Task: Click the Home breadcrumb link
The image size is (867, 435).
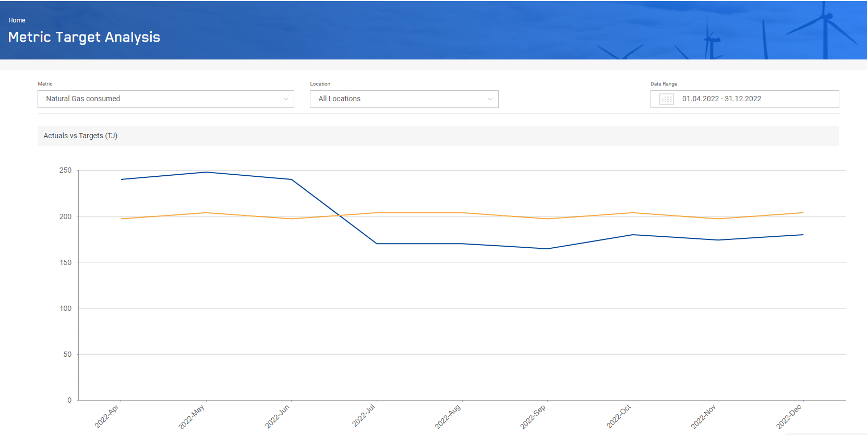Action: tap(17, 20)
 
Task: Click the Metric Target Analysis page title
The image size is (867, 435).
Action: tap(84, 37)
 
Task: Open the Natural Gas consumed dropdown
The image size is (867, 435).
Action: tap(165, 99)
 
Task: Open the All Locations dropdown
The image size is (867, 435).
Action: tap(404, 99)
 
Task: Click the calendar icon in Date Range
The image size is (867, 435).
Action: tap(667, 99)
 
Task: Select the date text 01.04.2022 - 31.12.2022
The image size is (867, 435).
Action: tap(721, 99)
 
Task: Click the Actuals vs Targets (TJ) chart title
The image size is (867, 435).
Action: tap(80, 136)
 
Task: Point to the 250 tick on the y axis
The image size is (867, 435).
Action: tap(65, 171)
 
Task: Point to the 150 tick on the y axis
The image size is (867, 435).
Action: tap(65, 262)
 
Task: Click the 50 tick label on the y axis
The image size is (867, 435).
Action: tap(67, 355)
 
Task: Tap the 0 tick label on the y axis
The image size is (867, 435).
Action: tap(69, 401)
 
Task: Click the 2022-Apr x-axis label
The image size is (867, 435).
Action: tap(107, 416)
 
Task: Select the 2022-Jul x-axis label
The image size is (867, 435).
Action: tap(364, 416)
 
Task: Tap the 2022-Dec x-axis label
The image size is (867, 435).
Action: tap(789, 417)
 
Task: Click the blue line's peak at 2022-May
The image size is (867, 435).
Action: tap(206, 172)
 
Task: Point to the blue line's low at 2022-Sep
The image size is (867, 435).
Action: tap(547, 249)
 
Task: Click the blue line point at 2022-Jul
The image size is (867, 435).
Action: tap(377, 244)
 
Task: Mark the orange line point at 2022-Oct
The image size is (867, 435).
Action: tap(633, 213)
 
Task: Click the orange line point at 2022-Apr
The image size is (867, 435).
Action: tap(121, 219)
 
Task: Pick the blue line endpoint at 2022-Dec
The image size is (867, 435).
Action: tap(803, 235)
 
